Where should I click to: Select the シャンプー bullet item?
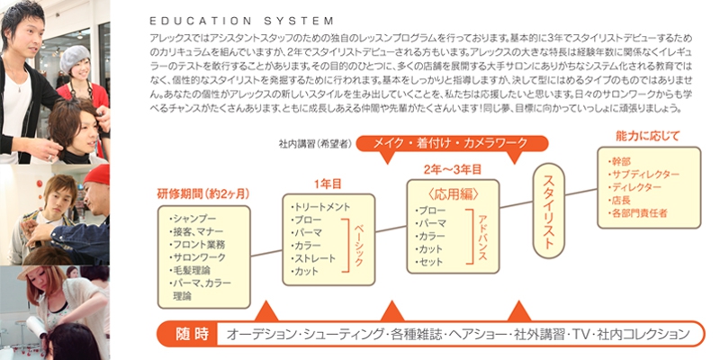click(193, 218)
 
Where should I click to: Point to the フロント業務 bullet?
click(196, 244)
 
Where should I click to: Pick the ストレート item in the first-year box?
click(319, 258)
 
